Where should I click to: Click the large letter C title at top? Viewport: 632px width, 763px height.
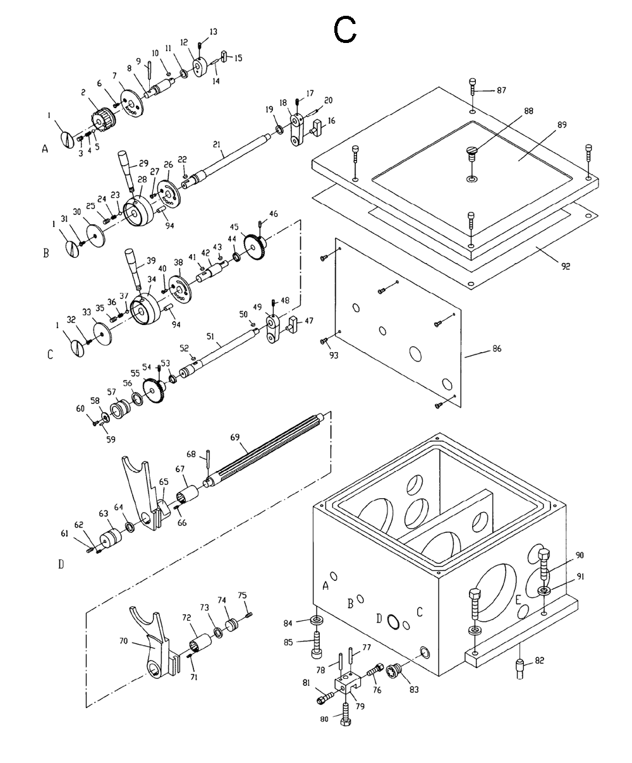coord(346,30)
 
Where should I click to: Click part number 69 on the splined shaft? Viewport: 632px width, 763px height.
coord(234,437)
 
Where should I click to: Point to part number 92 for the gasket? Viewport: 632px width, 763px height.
coord(565,266)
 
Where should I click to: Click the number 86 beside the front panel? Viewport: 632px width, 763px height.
coord(496,349)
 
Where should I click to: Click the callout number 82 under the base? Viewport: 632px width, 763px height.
coord(538,660)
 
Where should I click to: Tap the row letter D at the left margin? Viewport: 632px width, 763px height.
coord(61,564)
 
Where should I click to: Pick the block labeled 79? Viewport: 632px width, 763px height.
coord(346,685)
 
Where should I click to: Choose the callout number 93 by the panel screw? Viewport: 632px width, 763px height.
coord(334,355)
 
